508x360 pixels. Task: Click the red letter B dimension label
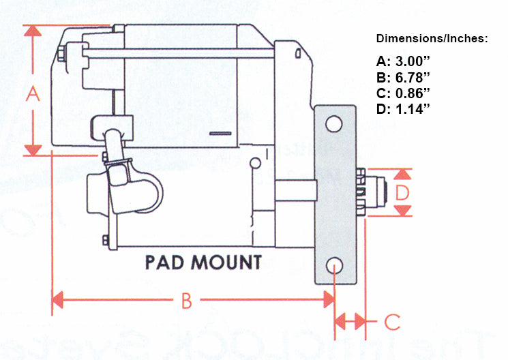pyautogui.click(x=186, y=300)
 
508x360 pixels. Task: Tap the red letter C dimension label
pyautogui.click(x=391, y=320)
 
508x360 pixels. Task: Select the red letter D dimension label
pyautogui.click(x=403, y=193)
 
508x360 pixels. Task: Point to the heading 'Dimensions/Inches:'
pyautogui.click(x=432, y=39)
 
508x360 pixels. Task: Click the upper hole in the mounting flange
pyautogui.click(x=333, y=124)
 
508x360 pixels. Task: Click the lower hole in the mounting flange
pyautogui.click(x=334, y=265)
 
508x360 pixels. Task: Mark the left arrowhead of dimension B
pyautogui.click(x=58, y=299)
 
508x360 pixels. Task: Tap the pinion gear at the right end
pyautogui.click(x=376, y=193)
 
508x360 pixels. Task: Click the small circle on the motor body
pyautogui.click(x=254, y=164)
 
